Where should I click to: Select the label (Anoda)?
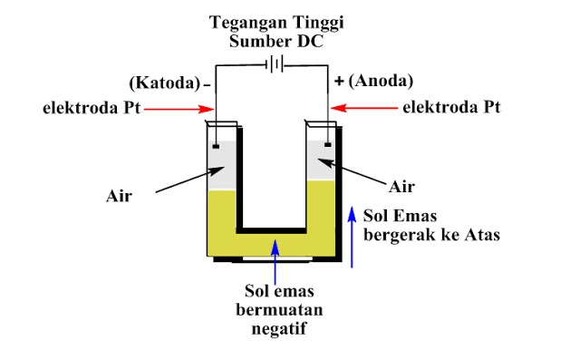click(x=378, y=81)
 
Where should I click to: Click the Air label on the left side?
click(x=119, y=193)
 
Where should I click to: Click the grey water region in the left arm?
click(x=223, y=168)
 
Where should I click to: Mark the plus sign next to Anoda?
click(x=340, y=82)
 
